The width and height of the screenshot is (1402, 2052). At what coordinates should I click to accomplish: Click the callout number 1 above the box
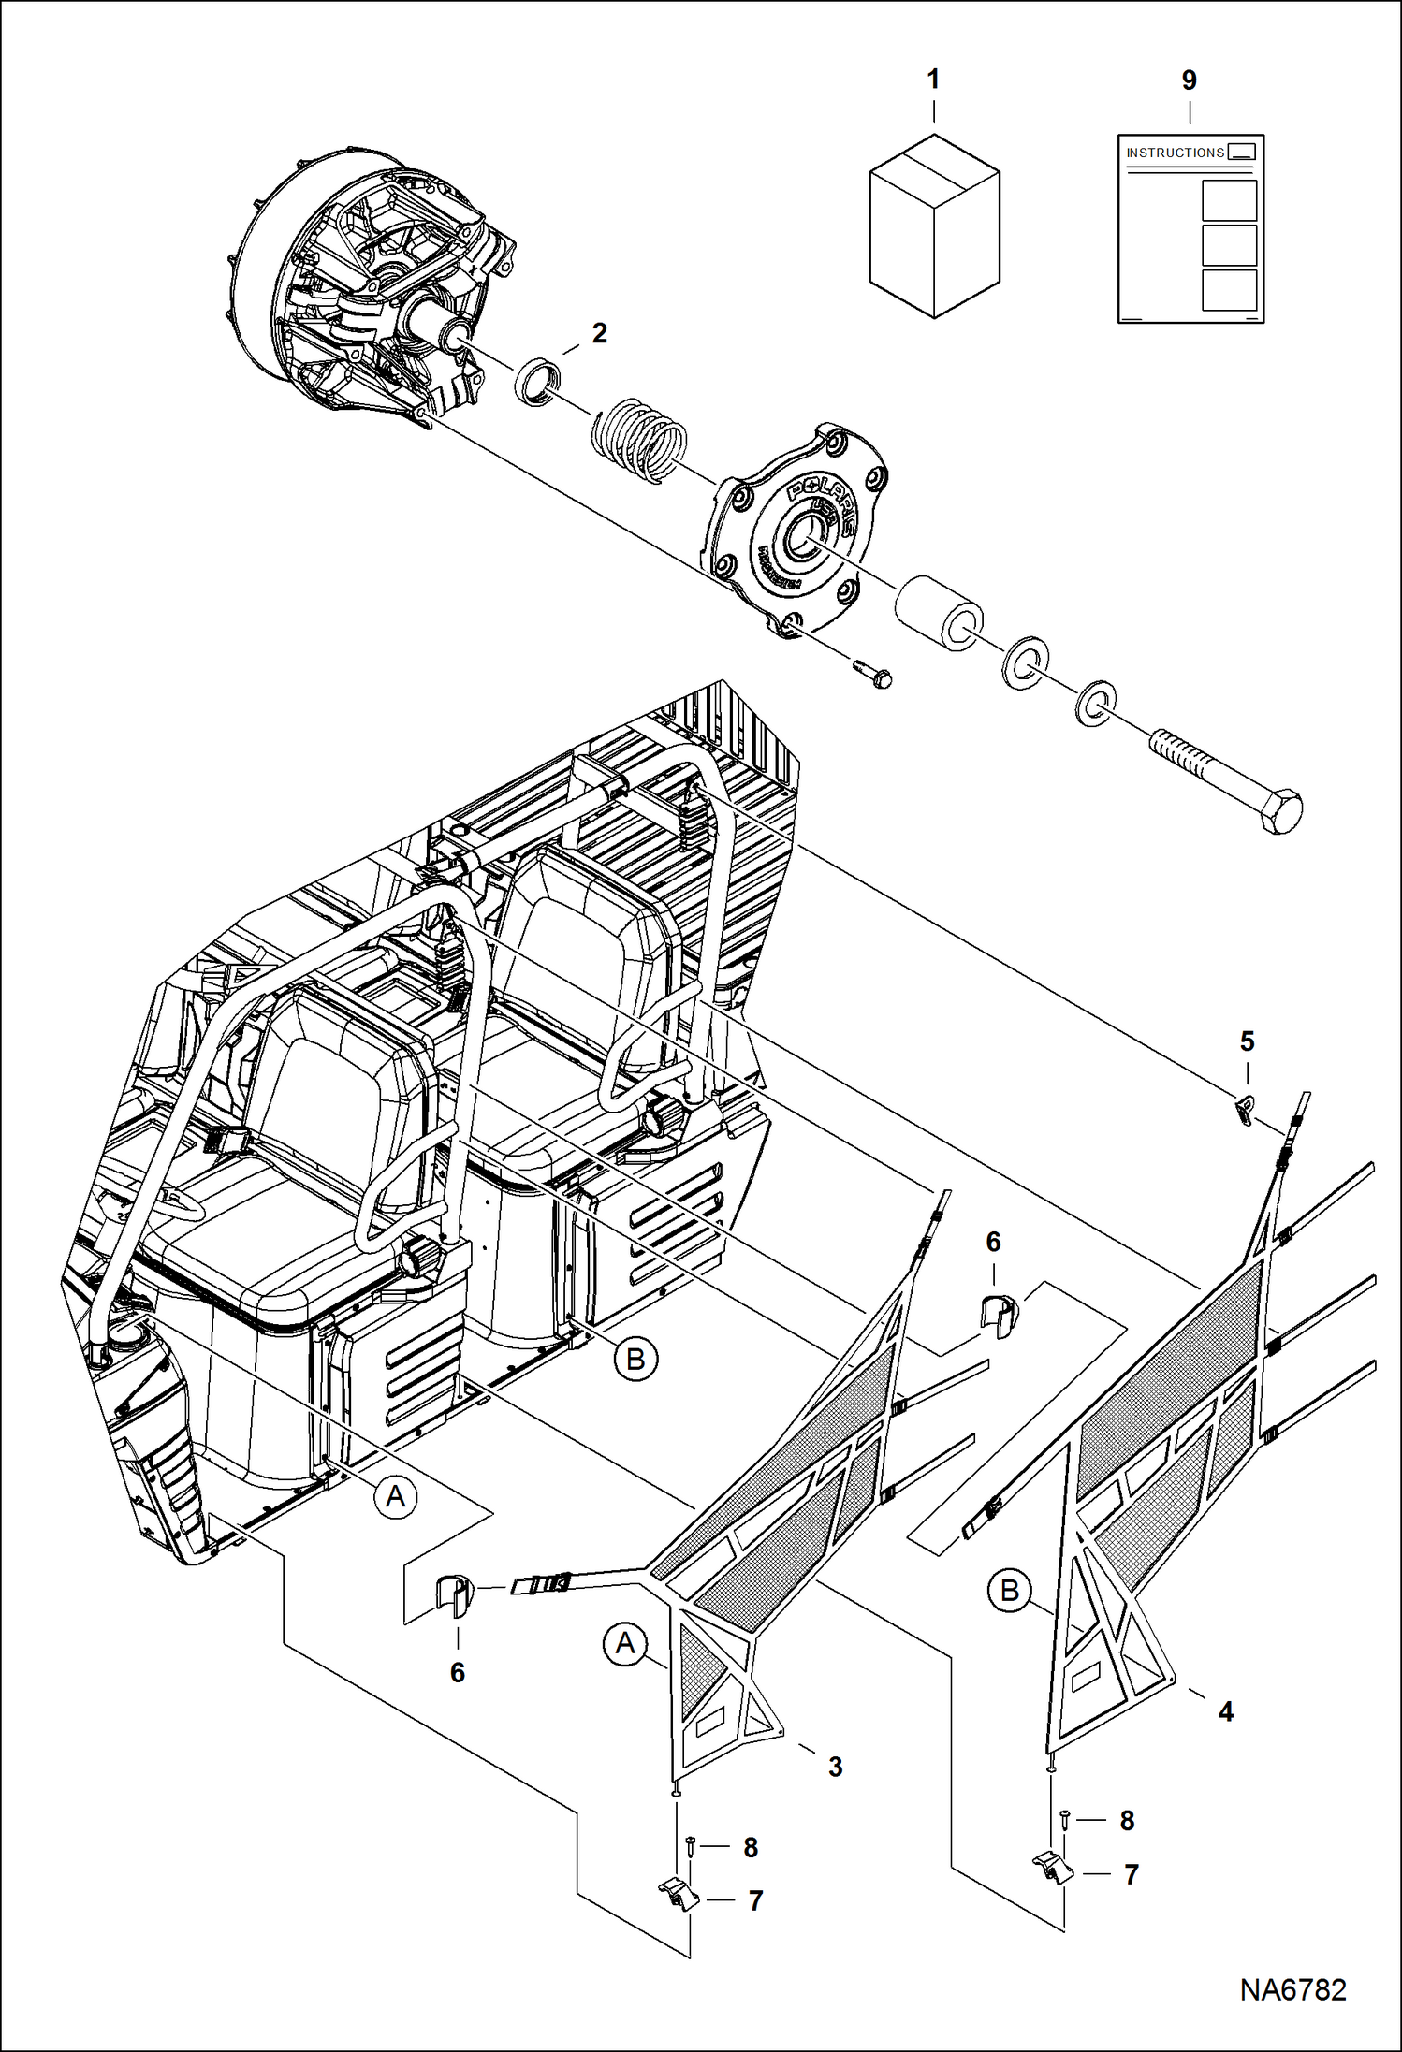tap(932, 80)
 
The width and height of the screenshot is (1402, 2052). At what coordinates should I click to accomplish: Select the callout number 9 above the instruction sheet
tap(1189, 80)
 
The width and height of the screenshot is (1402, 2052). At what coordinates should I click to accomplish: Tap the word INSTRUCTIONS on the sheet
tap(1175, 153)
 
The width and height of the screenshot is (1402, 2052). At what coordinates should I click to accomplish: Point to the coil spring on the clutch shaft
tap(641, 434)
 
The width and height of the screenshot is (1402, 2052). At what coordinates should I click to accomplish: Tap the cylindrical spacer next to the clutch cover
tap(939, 614)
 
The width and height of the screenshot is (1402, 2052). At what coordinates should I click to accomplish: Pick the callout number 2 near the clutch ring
tap(599, 333)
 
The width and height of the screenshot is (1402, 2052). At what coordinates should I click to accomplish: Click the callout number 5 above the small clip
tap(1247, 1041)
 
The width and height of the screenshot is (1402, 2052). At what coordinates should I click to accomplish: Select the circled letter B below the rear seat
tap(635, 1359)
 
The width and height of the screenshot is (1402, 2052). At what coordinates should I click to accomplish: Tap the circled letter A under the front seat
tap(396, 1496)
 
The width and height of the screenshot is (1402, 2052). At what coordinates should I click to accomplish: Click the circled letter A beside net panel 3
tap(625, 1644)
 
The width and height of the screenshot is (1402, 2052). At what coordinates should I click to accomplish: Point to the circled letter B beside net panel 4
tap(1009, 1591)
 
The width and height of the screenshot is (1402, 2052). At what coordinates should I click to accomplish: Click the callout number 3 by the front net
tap(835, 1767)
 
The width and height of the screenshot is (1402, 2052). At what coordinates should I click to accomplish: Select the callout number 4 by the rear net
tap(1225, 1711)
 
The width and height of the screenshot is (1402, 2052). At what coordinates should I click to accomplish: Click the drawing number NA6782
tap(1292, 1988)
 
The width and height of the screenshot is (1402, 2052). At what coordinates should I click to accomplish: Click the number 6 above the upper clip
tap(993, 1242)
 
